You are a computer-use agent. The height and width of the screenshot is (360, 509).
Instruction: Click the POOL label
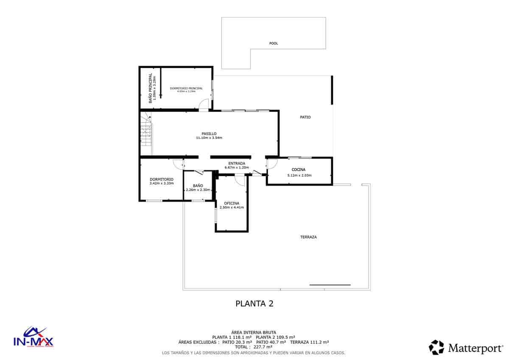pos(274,43)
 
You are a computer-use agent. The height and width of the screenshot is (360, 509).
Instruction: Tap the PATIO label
pos(305,117)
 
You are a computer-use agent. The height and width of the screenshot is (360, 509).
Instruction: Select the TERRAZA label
pos(309,237)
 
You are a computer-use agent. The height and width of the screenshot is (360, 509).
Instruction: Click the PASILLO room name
pos(209,133)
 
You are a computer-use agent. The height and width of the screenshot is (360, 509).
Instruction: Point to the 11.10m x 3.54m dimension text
pos(209,138)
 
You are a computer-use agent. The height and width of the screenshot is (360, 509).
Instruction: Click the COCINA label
pos(299,170)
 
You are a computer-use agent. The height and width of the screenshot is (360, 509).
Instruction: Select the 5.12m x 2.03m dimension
pos(299,175)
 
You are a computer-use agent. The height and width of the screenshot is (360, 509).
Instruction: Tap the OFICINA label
pos(232,203)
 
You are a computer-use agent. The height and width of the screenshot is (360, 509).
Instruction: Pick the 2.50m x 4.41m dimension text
pos(232,208)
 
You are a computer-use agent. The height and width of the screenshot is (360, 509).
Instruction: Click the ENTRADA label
pos(237,163)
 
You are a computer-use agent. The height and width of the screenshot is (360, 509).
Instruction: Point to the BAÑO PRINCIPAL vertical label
pos(150,88)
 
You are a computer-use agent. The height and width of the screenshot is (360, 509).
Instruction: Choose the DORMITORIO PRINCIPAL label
pos(186,88)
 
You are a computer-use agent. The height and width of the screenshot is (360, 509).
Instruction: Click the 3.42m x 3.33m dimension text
pos(162,183)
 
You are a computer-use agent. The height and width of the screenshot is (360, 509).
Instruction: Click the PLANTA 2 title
pos(254,304)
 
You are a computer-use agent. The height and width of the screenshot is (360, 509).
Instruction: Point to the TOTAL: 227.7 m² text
pos(254,346)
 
